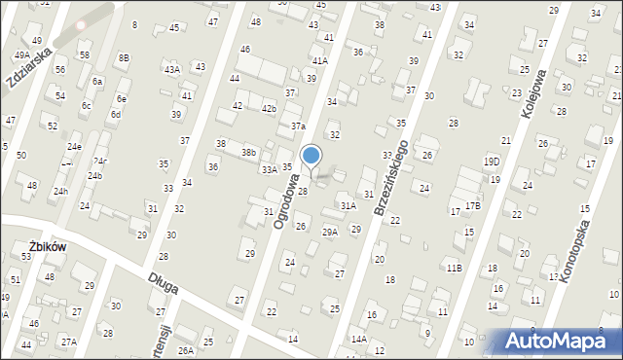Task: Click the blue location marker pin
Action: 311,156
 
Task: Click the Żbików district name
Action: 47,247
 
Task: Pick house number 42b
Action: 268,108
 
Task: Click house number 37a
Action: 298,126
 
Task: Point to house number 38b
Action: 249,152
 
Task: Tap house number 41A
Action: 319,60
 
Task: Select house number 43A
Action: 171,69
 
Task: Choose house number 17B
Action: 472,205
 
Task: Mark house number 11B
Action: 454,267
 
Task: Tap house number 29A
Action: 330,232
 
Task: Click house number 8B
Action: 124,57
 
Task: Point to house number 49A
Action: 21,55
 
